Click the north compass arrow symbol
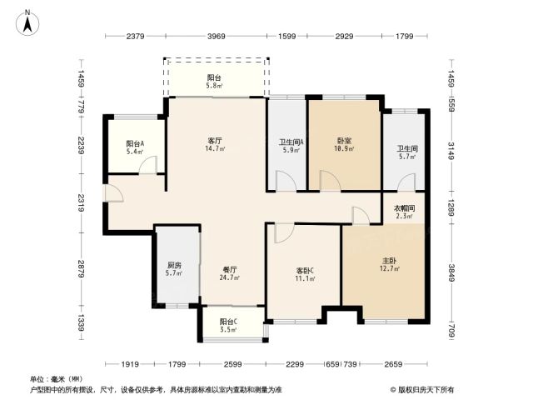click(27, 22)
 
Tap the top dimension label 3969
click(217, 36)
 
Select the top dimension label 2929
click(344, 36)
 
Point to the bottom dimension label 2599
click(233, 364)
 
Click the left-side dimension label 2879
click(81, 268)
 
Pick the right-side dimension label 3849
click(451, 272)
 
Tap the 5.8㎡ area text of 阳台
click(214, 86)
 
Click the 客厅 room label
click(215, 141)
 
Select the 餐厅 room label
click(230, 270)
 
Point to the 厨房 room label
click(174, 265)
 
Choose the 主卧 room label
click(389, 261)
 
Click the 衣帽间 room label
click(404, 208)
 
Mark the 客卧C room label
click(305, 271)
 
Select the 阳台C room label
click(228, 321)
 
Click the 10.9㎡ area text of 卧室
click(344, 148)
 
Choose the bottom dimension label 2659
click(393, 364)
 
